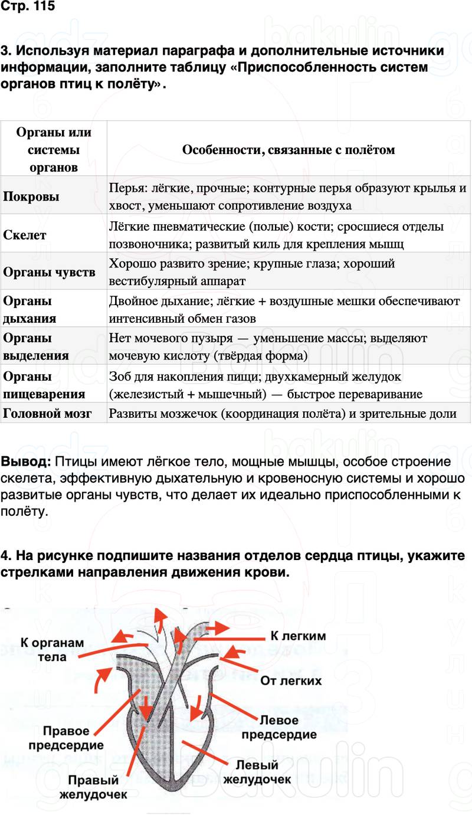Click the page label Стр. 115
(x=28, y=8)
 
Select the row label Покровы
(x=31, y=197)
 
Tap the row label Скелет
(x=25, y=235)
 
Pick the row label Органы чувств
(x=50, y=273)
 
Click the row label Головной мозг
(x=47, y=414)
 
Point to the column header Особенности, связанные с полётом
(x=289, y=150)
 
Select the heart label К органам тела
(x=52, y=650)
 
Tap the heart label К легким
(x=298, y=637)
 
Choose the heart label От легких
(x=291, y=680)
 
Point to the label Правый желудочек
(x=93, y=787)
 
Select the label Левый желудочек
(x=257, y=772)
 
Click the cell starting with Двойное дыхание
(x=284, y=310)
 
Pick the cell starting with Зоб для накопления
(x=266, y=385)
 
